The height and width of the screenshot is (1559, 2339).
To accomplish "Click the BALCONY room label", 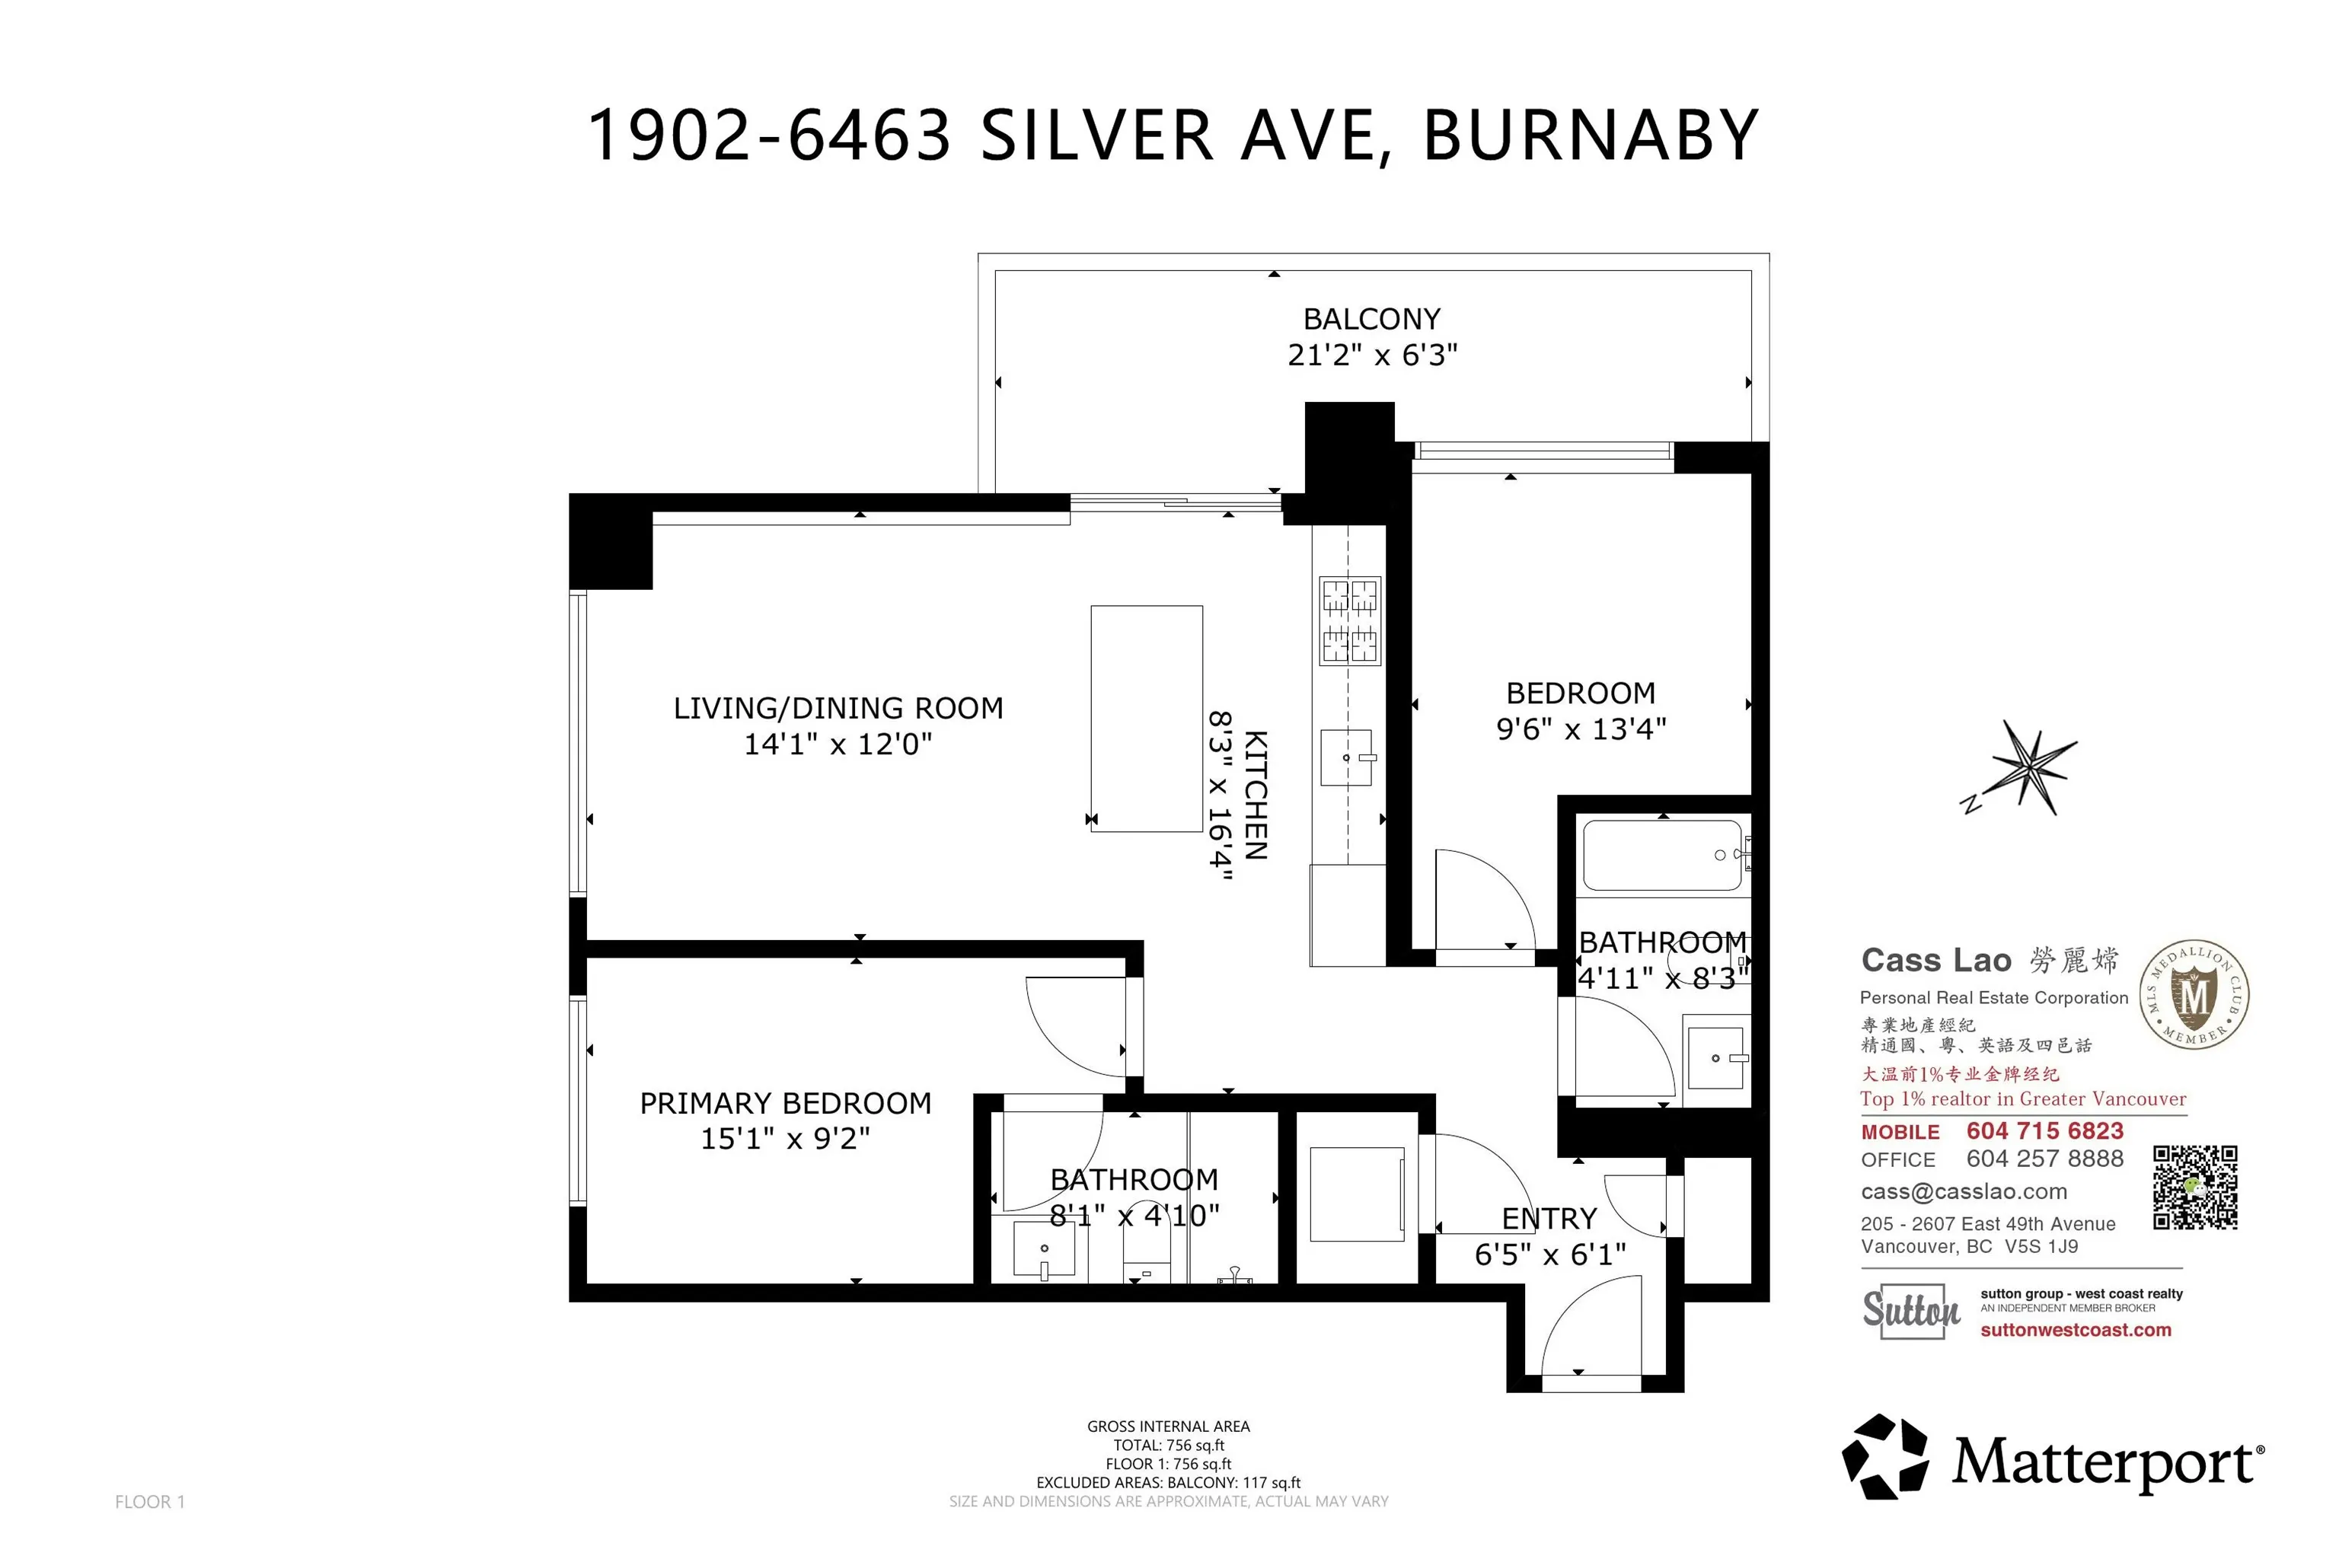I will (x=1371, y=319).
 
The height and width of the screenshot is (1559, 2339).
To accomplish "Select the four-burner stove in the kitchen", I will (x=1349, y=620).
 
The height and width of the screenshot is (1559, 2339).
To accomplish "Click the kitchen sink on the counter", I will (x=1346, y=757).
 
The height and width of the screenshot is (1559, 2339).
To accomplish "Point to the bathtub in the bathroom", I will (x=1662, y=854).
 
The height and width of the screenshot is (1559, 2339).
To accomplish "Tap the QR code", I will (x=2195, y=1188).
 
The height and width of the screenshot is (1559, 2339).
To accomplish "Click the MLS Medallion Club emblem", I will (x=2195, y=994).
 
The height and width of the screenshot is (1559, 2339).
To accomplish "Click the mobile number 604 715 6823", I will (x=2044, y=1130).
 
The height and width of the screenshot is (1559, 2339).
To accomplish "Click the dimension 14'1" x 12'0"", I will (x=838, y=744).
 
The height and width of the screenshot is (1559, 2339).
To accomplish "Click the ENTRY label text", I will (x=1549, y=1218).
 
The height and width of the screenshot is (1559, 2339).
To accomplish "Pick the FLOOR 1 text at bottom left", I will (x=149, y=1501).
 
